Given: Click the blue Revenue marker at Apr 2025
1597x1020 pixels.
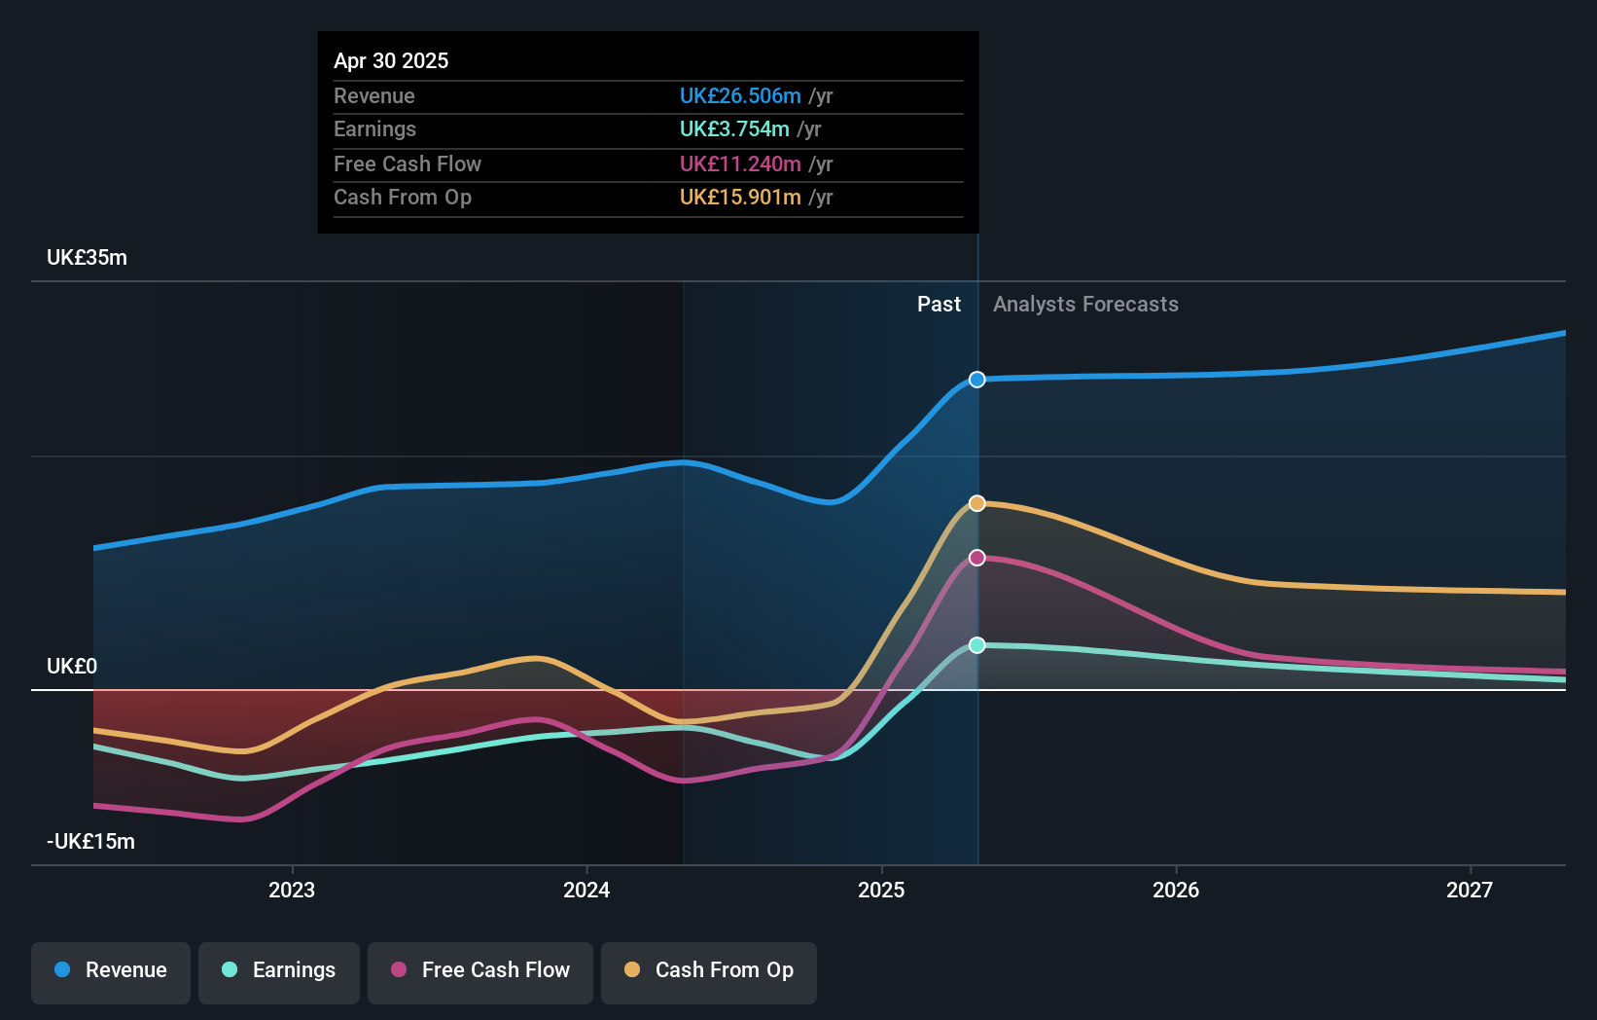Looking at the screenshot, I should [976, 380].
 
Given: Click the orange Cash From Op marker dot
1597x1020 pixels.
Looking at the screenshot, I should [976, 503].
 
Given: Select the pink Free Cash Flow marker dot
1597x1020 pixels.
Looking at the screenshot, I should [976, 558].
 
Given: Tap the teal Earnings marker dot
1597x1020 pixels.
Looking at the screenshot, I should [976, 645].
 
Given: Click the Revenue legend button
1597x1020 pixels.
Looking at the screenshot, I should [111, 970].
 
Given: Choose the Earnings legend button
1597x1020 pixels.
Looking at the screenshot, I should [279, 970].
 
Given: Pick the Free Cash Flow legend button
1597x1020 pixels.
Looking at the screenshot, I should [480, 970].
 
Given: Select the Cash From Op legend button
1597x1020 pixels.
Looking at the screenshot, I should [709, 970].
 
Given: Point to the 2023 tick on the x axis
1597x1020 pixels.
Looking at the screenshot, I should [292, 890].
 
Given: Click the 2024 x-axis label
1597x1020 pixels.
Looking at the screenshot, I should [586, 890].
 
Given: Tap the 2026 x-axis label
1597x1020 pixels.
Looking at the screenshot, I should [1175, 890].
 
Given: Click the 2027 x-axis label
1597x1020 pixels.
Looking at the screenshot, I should [1469, 890].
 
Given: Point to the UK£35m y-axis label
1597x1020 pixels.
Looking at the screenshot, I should [87, 258].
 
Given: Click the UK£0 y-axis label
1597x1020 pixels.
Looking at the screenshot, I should [72, 667].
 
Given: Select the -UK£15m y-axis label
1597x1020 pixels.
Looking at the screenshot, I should [90, 842].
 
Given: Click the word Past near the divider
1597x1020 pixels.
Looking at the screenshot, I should [939, 305].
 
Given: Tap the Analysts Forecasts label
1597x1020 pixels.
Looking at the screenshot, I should [1085, 305].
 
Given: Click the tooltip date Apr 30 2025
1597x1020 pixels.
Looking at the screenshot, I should [391, 60].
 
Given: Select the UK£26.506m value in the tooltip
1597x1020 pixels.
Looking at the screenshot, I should [740, 96].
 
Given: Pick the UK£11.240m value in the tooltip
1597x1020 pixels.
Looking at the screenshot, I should [740, 164].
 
